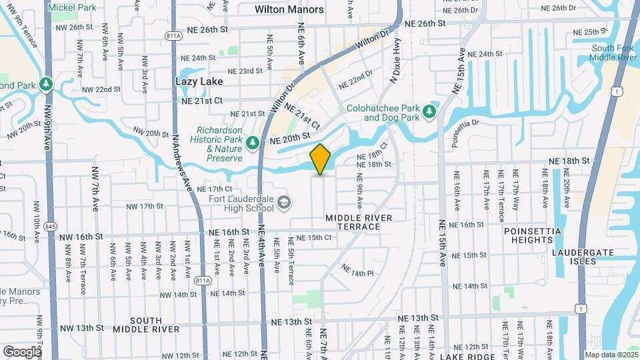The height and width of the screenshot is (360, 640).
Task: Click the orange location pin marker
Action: coord(321,159)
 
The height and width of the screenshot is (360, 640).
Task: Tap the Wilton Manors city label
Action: coord(289,9)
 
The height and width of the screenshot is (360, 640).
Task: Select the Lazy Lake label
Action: coord(198,81)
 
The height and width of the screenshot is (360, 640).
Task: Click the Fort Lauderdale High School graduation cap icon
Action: coord(283,202)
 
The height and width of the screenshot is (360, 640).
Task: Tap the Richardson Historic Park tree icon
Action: coord(252,142)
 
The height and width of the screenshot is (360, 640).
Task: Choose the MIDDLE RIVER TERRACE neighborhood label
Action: coord(353,223)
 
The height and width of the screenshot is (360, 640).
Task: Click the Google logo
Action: coord(21,351)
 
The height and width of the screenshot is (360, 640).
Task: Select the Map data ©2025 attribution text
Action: coord(611,355)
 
